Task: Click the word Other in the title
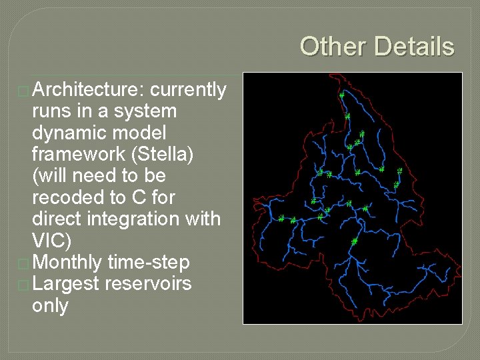click(333, 47)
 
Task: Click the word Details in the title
click(414, 47)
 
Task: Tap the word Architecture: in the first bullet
click(89, 89)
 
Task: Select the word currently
click(189, 89)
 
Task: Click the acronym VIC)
click(51, 241)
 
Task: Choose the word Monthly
click(67, 262)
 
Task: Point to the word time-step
click(149, 262)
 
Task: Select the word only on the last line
click(50, 305)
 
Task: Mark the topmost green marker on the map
click(342, 95)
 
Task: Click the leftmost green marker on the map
click(281, 218)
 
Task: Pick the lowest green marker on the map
click(354, 241)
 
